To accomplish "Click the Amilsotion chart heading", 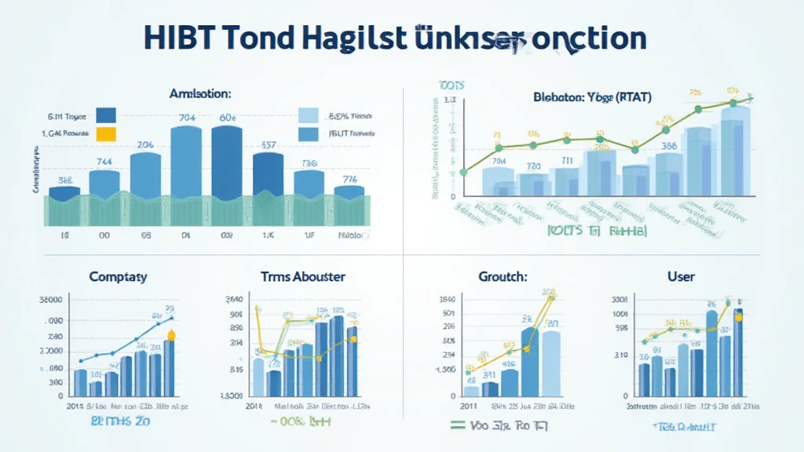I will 200,93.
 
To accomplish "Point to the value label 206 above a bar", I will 145,144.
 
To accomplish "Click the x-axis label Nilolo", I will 350,235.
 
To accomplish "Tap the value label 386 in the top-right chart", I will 669,145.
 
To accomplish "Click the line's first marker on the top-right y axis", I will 463,172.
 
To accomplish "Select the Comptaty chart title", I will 118,277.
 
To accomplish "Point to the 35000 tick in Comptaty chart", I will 49,300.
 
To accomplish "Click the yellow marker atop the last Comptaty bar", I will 170,336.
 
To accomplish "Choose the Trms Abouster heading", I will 302,277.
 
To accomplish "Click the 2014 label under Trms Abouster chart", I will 253,406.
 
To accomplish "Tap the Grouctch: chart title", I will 502,277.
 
